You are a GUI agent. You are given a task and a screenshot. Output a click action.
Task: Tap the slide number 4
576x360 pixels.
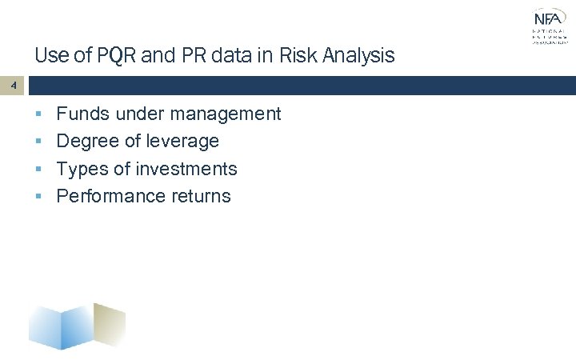tap(12, 84)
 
